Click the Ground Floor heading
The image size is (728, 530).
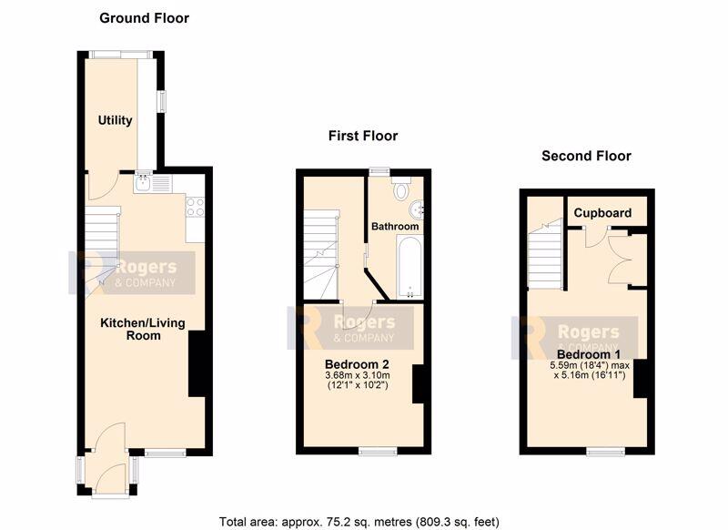(145, 18)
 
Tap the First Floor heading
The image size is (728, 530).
(363, 136)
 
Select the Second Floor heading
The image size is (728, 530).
(586, 156)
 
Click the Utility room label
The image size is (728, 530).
(116, 121)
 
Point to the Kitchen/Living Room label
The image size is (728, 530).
(143, 330)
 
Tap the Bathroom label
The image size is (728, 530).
(395, 226)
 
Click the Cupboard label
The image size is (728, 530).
(602, 213)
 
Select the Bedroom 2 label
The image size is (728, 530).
(357, 364)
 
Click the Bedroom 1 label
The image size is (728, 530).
(589, 355)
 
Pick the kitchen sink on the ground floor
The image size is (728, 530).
(143, 183)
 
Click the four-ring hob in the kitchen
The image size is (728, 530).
(195, 207)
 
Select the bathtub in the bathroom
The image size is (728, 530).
(409, 267)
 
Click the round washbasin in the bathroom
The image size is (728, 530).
(417, 209)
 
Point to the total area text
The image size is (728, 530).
(359, 522)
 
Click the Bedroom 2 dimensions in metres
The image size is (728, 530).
(358, 375)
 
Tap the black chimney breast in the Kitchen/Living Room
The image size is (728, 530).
(197, 363)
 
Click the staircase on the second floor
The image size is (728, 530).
(545, 255)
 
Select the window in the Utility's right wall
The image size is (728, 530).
(162, 101)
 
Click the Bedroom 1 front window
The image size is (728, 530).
(605, 451)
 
